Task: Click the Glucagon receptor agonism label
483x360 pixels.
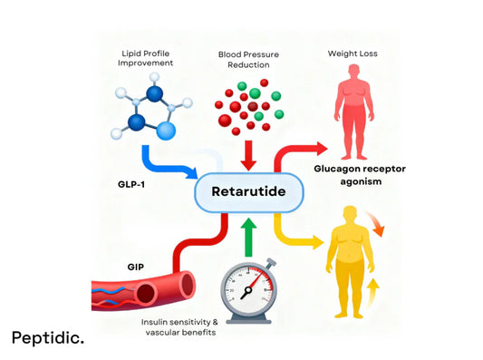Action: pyautogui.click(x=360, y=175)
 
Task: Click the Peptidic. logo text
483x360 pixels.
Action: pyautogui.click(x=48, y=337)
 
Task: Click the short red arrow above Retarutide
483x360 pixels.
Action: pyautogui.click(x=248, y=156)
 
